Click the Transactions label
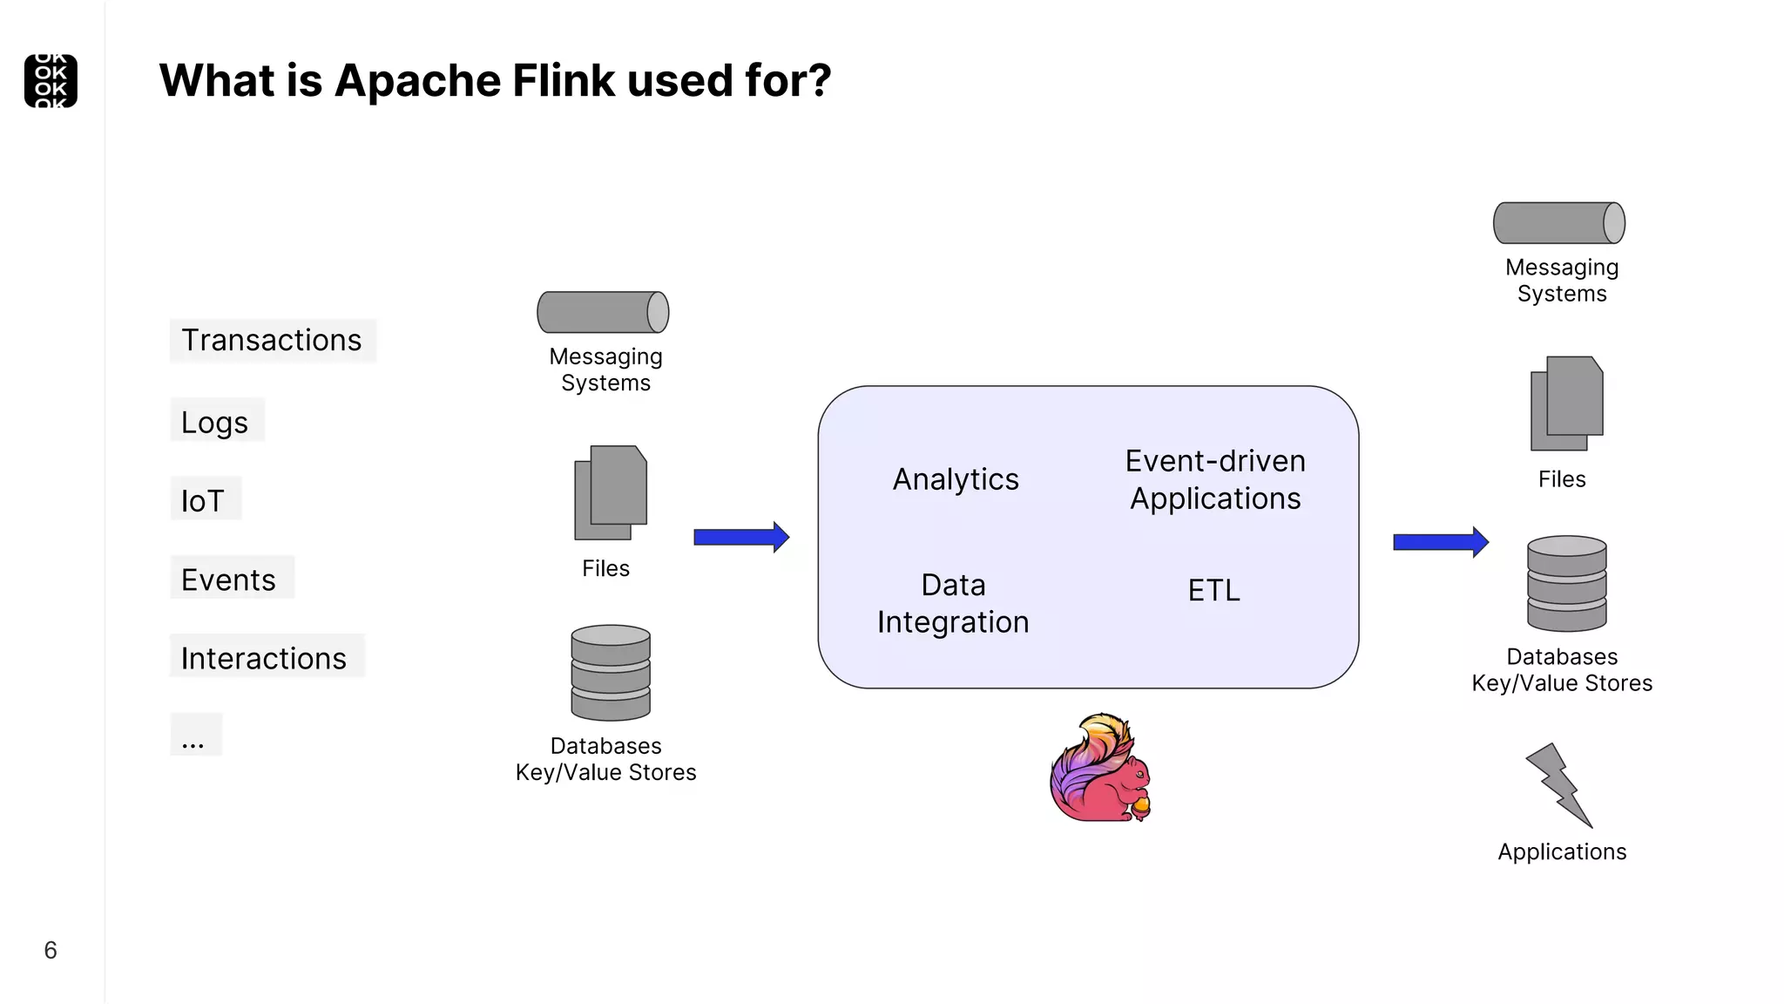point(272,340)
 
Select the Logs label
point(215,422)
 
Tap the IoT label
point(203,501)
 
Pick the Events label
point(228,580)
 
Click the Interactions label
point(264,658)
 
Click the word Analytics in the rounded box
point(956,479)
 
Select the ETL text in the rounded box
point(1213,591)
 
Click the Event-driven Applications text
point(1215,479)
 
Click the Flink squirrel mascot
point(1100,769)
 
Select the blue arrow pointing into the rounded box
point(741,537)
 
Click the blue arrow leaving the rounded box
point(1441,542)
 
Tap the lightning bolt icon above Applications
point(1559,785)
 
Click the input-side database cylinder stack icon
point(611,673)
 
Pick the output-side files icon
point(1566,404)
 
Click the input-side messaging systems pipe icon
point(603,312)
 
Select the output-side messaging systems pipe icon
point(1559,223)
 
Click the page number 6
point(51,950)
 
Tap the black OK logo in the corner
point(51,81)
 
